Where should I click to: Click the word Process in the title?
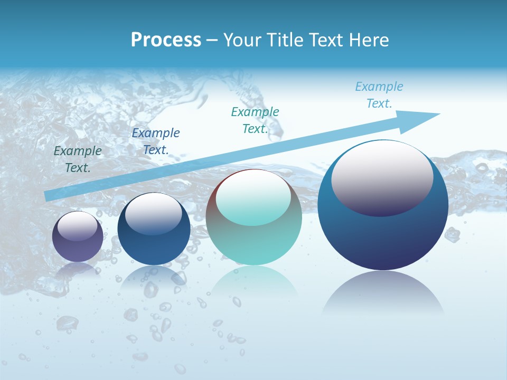pyautogui.click(x=166, y=40)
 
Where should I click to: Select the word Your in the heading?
pyautogui.click(x=242, y=40)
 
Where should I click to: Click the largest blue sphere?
pyautogui.click(x=383, y=237)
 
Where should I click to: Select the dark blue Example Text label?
pyautogui.click(x=155, y=141)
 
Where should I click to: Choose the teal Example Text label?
pyautogui.click(x=255, y=120)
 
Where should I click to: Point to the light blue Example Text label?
pyautogui.click(x=379, y=95)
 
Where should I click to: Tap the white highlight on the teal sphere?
pyautogui.click(x=253, y=196)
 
